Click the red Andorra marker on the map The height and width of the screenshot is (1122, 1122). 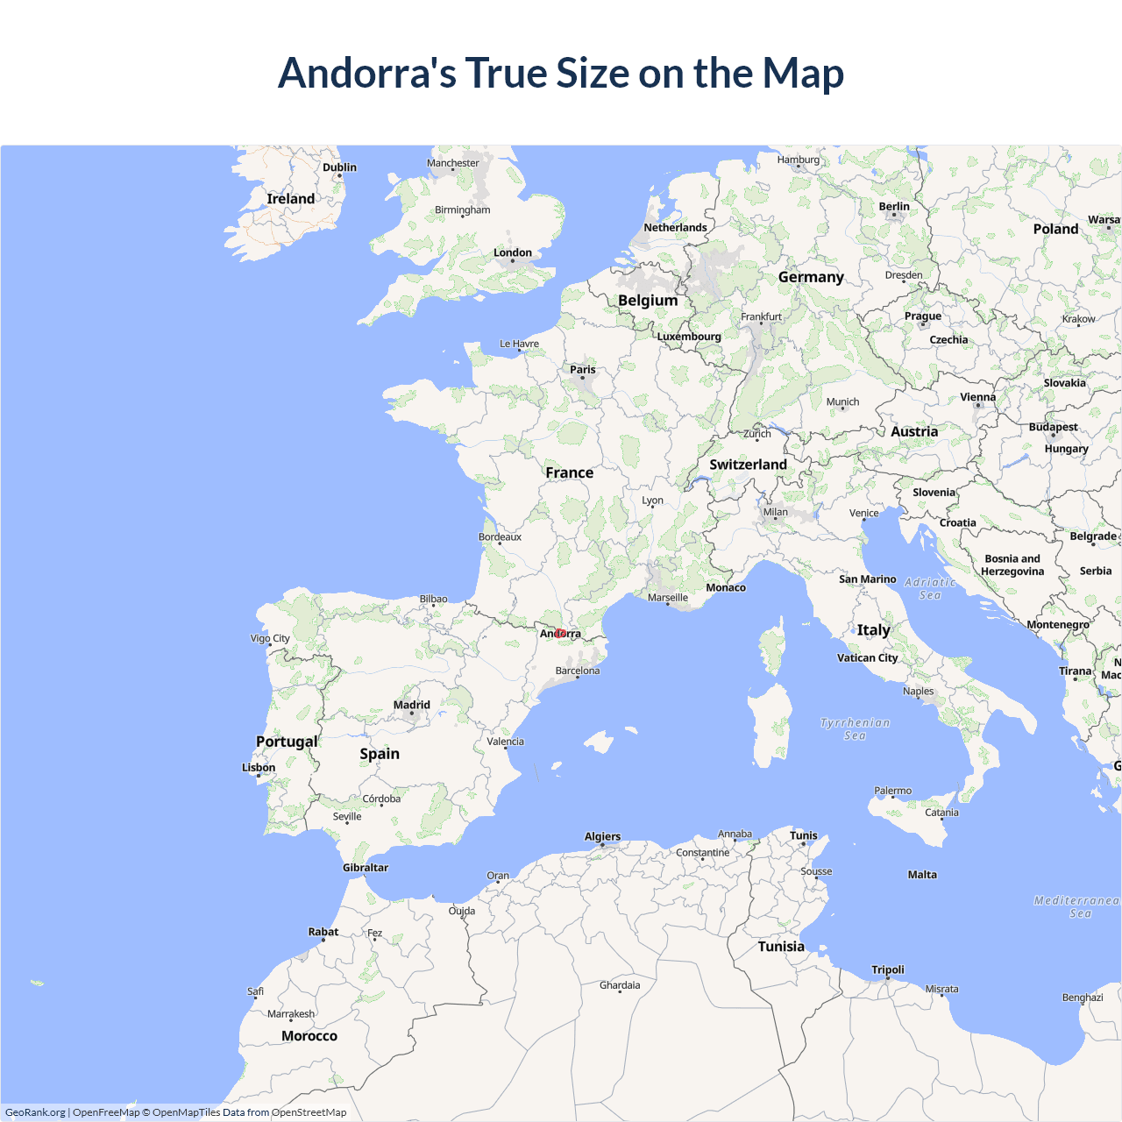[560, 633]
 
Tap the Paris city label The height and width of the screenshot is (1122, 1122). [583, 369]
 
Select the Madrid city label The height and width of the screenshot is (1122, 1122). [412, 705]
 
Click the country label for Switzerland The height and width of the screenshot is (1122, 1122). [748, 465]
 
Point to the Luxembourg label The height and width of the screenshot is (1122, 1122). [689, 337]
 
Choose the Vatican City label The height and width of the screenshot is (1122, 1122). [867, 657]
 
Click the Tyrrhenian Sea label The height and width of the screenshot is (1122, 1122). [855, 729]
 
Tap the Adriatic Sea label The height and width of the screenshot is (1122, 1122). [930, 588]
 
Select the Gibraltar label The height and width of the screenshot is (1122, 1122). [366, 868]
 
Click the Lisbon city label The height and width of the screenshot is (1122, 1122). [259, 768]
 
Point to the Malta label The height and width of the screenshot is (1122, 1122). [922, 875]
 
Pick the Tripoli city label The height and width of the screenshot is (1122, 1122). [888, 969]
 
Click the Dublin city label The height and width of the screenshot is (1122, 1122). [339, 167]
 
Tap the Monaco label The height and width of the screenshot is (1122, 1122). [726, 587]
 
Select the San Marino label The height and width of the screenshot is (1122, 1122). [867, 579]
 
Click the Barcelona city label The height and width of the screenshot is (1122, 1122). [578, 671]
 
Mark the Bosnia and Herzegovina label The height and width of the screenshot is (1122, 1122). [1012, 565]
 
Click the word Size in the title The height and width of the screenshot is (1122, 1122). [593, 73]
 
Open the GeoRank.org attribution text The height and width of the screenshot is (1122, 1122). [35, 1112]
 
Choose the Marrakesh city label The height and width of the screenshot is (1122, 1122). [291, 1014]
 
